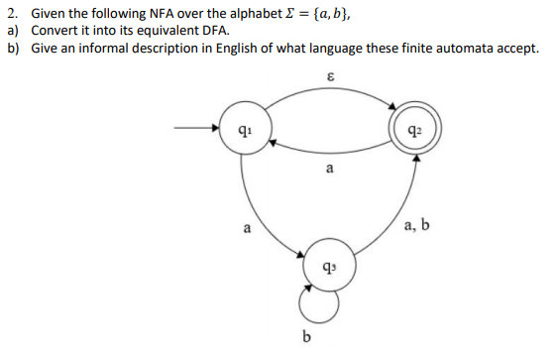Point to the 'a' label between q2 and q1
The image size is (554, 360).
point(329,170)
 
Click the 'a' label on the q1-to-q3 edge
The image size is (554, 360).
point(248,228)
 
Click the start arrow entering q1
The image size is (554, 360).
point(198,128)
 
